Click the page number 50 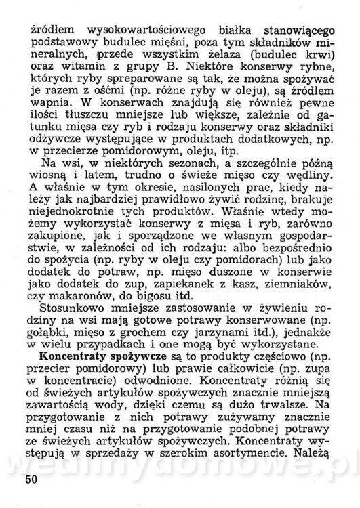coord(31,481)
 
